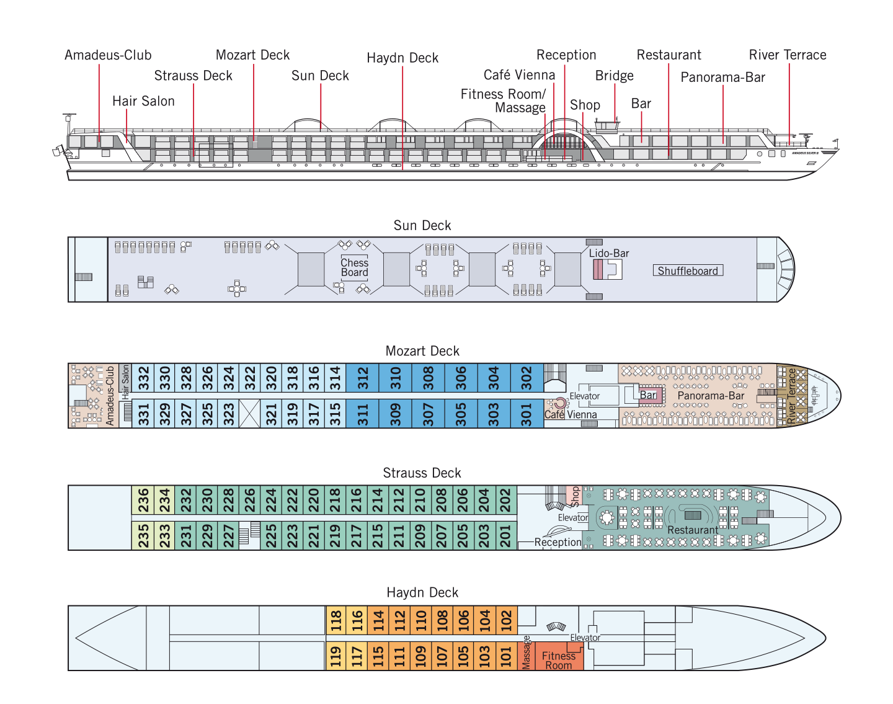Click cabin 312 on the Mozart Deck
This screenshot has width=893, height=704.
(x=362, y=378)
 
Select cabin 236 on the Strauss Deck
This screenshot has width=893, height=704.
(x=143, y=500)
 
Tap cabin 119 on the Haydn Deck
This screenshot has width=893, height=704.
(x=335, y=656)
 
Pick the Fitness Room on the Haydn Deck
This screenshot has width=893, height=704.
(x=559, y=656)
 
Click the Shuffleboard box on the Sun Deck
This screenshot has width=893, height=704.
(x=688, y=270)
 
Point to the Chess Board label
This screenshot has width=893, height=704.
(x=354, y=268)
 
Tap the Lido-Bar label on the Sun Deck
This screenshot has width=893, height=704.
(x=609, y=253)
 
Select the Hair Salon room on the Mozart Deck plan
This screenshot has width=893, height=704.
(x=125, y=378)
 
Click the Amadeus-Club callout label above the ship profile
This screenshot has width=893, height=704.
(x=108, y=55)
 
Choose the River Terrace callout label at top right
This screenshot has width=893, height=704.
(x=787, y=55)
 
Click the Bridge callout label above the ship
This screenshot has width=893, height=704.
(x=614, y=76)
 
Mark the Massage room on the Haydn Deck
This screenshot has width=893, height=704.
(x=526, y=656)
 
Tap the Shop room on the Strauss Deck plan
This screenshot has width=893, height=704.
(x=575, y=496)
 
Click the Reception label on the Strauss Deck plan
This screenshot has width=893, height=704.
(x=558, y=542)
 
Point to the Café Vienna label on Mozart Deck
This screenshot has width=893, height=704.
(x=571, y=414)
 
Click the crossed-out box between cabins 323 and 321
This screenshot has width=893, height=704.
(x=250, y=414)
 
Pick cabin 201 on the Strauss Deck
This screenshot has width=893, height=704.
(x=506, y=536)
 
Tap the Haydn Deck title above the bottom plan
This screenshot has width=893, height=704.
(x=422, y=592)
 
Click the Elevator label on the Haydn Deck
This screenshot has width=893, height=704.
(x=585, y=638)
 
